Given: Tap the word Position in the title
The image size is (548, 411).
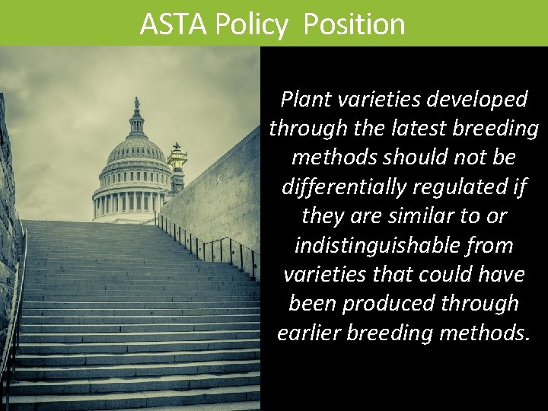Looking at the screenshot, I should tap(354, 24).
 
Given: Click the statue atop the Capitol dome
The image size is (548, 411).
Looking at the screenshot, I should tap(136, 104).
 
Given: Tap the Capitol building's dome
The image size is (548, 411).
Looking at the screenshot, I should tap(135, 148).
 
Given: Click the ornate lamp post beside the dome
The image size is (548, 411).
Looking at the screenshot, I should tap(177, 158).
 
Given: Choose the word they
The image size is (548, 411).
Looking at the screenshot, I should tap(323, 216).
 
